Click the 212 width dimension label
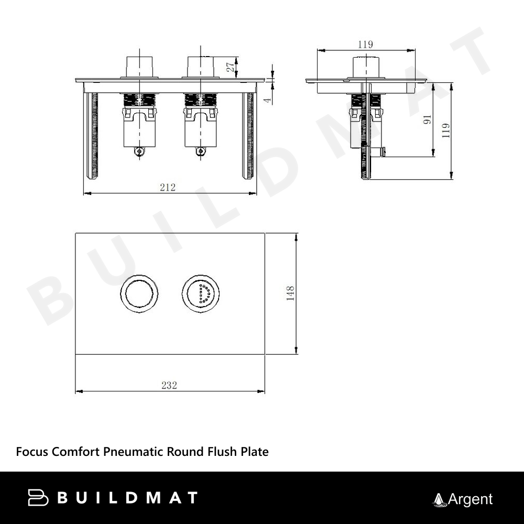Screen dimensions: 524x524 (168, 187)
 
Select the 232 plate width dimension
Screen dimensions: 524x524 (169, 385)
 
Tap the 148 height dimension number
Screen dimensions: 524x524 (290, 293)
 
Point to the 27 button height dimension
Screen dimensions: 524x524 (231, 67)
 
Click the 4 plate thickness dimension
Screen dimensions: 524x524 (268, 100)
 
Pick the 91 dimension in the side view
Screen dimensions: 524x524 (428, 119)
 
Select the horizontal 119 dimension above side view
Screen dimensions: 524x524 (365, 44)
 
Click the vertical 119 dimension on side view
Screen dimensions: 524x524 (445, 130)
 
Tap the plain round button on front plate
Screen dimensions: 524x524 (139, 294)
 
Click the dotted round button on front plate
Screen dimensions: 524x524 (201, 294)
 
